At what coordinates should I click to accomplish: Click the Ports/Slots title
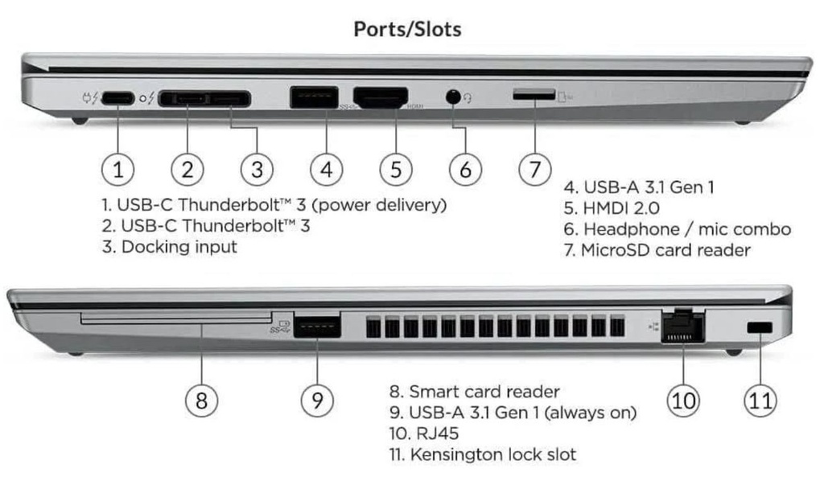click(x=407, y=30)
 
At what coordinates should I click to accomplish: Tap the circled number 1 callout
click(x=118, y=169)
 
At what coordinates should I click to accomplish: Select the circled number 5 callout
click(x=396, y=169)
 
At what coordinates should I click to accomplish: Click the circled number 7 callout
click(x=534, y=169)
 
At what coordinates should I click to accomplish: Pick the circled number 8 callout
click(x=201, y=399)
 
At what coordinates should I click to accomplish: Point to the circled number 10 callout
click(x=683, y=399)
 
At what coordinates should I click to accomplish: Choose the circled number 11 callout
click(x=760, y=399)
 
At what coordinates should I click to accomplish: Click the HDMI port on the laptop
click(x=381, y=98)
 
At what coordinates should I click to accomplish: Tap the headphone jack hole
click(x=454, y=97)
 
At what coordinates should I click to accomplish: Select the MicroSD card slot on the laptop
click(x=534, y=95)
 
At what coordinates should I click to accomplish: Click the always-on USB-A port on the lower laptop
click(x=316, y=327)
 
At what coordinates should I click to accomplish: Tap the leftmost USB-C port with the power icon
click(x=118, y=98)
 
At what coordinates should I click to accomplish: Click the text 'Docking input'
click(x=179, y=247)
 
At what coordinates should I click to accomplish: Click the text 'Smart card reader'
click(x=484, y=392)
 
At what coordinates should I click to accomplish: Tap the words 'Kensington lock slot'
click(x=493, y=454)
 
